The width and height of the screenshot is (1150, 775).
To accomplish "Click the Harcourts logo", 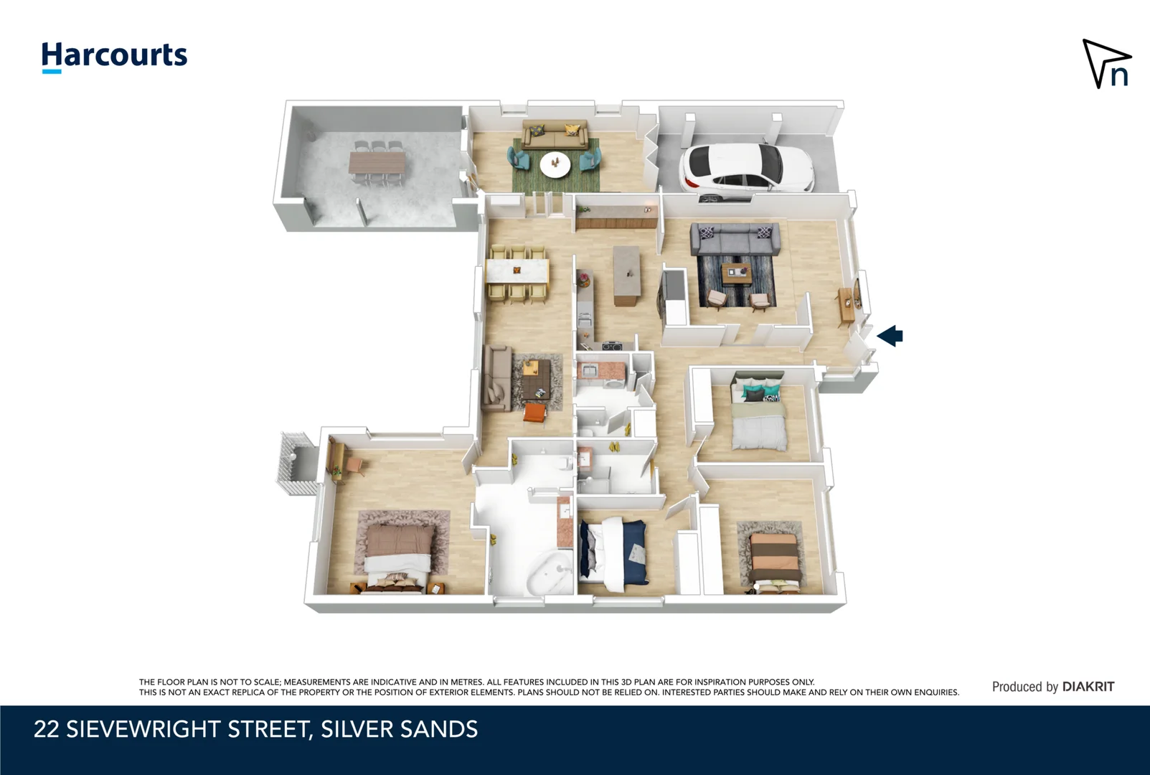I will pos(114,56).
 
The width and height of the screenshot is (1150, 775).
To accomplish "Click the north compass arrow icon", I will pos(1106,64).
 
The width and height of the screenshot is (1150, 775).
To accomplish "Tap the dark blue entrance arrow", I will pos(890,335).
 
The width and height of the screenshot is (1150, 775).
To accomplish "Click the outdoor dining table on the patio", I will pos(377,163).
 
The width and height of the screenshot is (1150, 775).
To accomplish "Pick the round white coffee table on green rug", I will pos(555,164).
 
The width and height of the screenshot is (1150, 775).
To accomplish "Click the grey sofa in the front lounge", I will pos(735,238).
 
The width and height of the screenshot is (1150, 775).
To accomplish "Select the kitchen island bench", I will pos(626,276).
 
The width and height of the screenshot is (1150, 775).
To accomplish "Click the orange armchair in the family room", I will pos(534,413).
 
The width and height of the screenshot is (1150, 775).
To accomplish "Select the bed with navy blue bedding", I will pos(614,553).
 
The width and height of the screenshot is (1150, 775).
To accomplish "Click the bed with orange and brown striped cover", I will pos(774,561).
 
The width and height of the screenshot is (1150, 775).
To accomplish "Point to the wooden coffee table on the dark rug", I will pos(736,273).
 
